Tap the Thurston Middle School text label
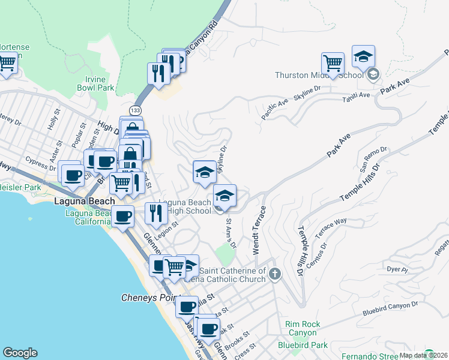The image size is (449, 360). coord(319,75)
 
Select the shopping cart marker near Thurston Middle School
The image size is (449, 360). coord(333,63)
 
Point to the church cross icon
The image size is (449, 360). coord(275,274)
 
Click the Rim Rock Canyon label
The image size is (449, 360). coord(303,329)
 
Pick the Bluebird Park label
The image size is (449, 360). coord(303,345)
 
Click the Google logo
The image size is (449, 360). coord(20,353)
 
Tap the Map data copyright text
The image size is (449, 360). coord(423,355)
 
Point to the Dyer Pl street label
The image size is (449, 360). coord(397,269)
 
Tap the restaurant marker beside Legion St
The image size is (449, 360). coord(155,212)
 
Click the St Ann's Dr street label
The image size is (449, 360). coord(231,232)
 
